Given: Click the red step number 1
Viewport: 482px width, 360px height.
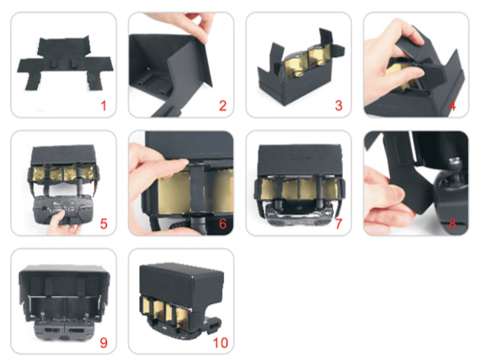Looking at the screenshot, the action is (x=103, y=106).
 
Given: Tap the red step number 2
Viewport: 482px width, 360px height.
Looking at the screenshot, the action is (x=223, y=106).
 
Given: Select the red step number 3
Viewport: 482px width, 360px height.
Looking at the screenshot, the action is (x=338, y=106).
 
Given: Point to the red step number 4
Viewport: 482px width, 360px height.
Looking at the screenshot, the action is (x=452, y=106).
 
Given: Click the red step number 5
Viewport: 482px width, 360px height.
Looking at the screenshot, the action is (x=104, y=224).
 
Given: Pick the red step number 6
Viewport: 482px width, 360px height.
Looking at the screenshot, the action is (x=223, y=224).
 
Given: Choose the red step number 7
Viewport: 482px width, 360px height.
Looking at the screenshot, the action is (x=338, y=224).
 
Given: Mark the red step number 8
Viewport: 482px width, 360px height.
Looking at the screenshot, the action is (x=452, y=224).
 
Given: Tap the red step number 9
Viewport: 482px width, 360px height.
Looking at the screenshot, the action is (x=104, y=343).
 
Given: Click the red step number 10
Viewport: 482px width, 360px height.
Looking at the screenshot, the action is (x=220, y=343).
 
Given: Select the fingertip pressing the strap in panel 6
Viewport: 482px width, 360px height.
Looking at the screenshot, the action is (x=181, y=163).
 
